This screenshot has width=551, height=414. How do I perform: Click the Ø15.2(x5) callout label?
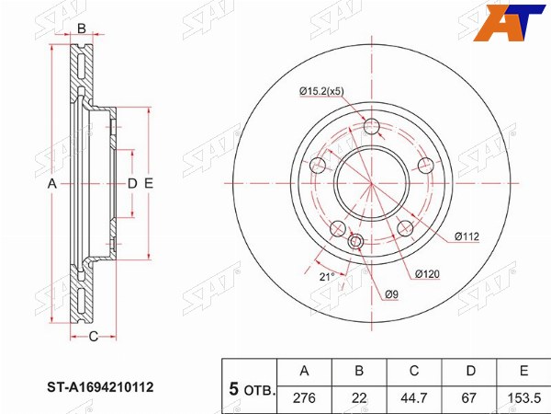(x=321, y=91)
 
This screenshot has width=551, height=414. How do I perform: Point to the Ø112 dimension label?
(x=467, y=236)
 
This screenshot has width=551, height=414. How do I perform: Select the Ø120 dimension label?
(x=427, y=274)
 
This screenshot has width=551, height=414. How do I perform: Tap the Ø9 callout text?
(x=391, y=294)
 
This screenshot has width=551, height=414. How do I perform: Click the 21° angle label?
(x=327, y=277)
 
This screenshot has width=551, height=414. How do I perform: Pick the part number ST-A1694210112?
(x=100, y=387)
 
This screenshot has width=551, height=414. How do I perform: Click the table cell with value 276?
(x=304, y=398)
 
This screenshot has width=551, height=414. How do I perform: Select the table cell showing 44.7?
(x=414, y=398)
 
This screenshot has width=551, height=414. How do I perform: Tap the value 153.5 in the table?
(x=524, y=398)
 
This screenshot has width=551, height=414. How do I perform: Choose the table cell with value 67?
(x=468, y=398)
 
